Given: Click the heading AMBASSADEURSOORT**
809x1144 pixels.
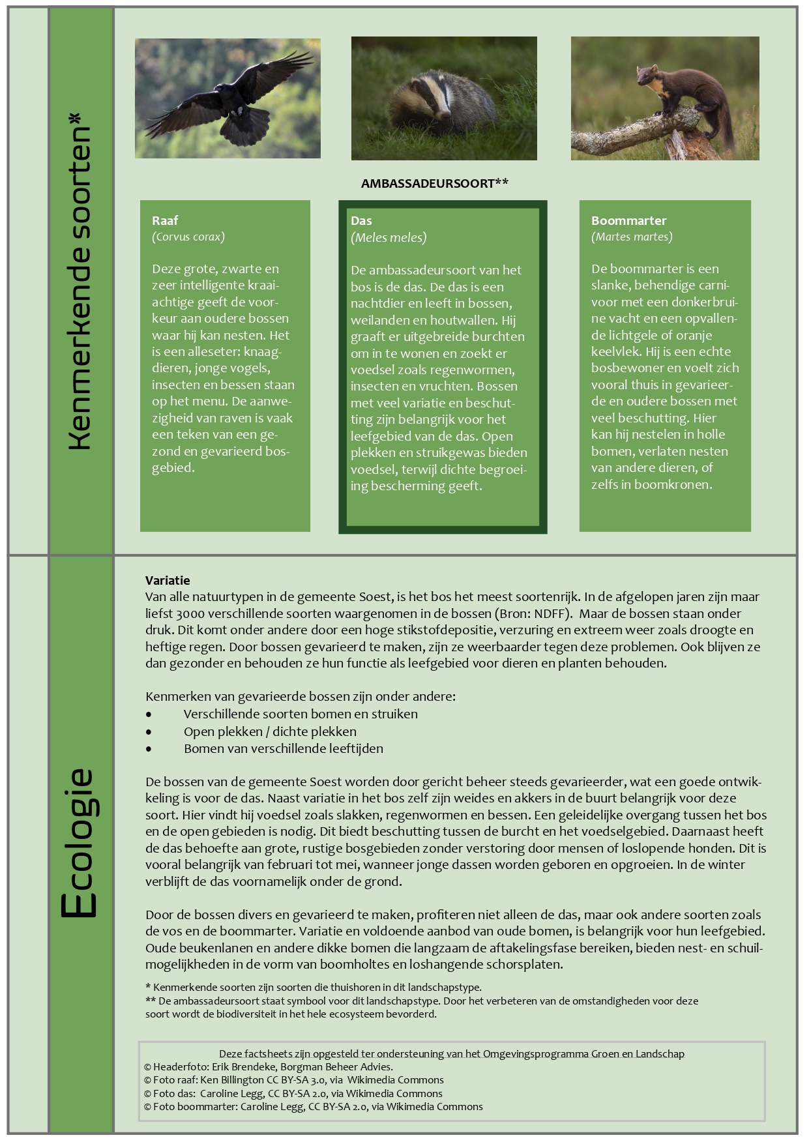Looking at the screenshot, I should pos(435,184).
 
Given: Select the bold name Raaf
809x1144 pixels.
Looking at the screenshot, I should pos(165,220).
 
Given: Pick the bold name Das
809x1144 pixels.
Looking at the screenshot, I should pos(361,220).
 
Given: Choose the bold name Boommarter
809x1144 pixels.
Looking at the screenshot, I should pos(628,220).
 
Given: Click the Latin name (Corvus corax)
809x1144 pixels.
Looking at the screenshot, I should pos(188,237).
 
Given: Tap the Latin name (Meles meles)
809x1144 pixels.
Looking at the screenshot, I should pos(389,237).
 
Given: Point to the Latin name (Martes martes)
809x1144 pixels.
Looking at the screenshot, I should pos(632,237).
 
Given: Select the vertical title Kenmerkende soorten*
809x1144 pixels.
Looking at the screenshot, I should pos(80,282).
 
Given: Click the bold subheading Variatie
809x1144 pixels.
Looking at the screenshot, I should pos(168,580).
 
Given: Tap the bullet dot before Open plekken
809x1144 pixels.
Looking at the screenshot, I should pos(149,732).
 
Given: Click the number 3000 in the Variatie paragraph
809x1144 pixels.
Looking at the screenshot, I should pos(190,613).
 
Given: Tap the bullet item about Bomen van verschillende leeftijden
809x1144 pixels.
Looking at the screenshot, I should pos(284,748).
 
